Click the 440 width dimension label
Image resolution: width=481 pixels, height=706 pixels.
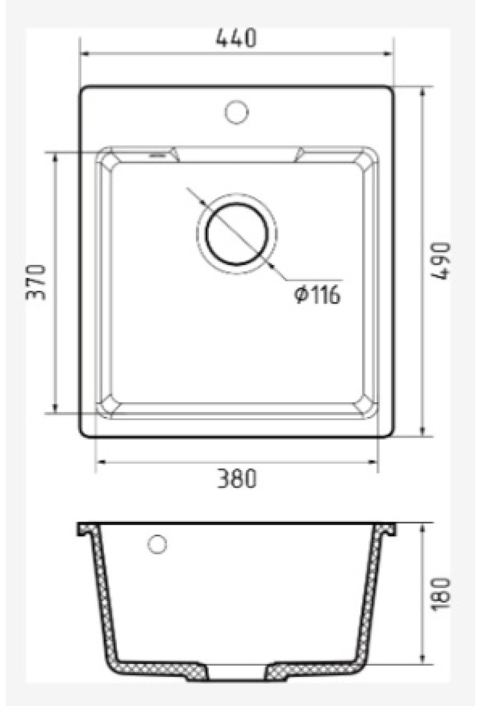236,39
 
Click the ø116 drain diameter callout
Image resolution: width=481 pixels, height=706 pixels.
317,295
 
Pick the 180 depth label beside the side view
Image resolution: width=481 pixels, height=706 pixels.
442,594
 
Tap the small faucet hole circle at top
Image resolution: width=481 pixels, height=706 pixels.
237,111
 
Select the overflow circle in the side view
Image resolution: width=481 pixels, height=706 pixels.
157,544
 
